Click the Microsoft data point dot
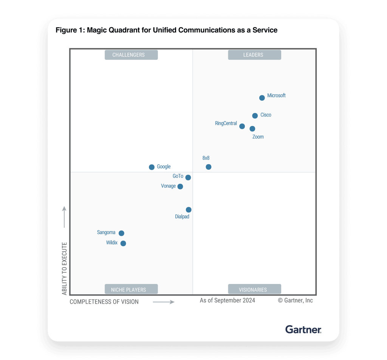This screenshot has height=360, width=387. pyautogui.click(x=262, y=98)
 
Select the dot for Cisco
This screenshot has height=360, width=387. pyautogui.click(x=255, y=116)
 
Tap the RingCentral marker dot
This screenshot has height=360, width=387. pyautogui.click(x=242, y=126)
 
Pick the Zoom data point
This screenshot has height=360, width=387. pyautogui.click(x=252, y=129)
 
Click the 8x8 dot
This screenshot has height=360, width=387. pyautogui.click(x=209, y=167)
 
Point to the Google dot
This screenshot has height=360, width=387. pyautogui.click(x=152, y=167)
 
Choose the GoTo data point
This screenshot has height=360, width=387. pyautogui.click(x=188, y=177)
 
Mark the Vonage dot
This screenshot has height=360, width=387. pyautogui.click(x=180, y=186)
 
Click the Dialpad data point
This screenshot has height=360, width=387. pyautogui.click(x=189, y=210)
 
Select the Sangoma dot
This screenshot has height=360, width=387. pyautogui.click(x=121, y=233)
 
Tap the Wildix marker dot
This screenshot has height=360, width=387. pyautogui.click(x=123, y=244)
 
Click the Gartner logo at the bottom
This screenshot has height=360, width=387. pyautogui.click(x=303, y=329)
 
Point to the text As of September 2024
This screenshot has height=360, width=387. pyautogui.click(x=228, y=300)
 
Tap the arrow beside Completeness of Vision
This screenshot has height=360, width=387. pyautogui.click(x=163, y=302)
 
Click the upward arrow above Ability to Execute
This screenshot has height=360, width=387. pyautogui.click(x=64, y=217)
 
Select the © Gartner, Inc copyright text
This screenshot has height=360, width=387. pyautogui.click(x=295, y=300)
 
